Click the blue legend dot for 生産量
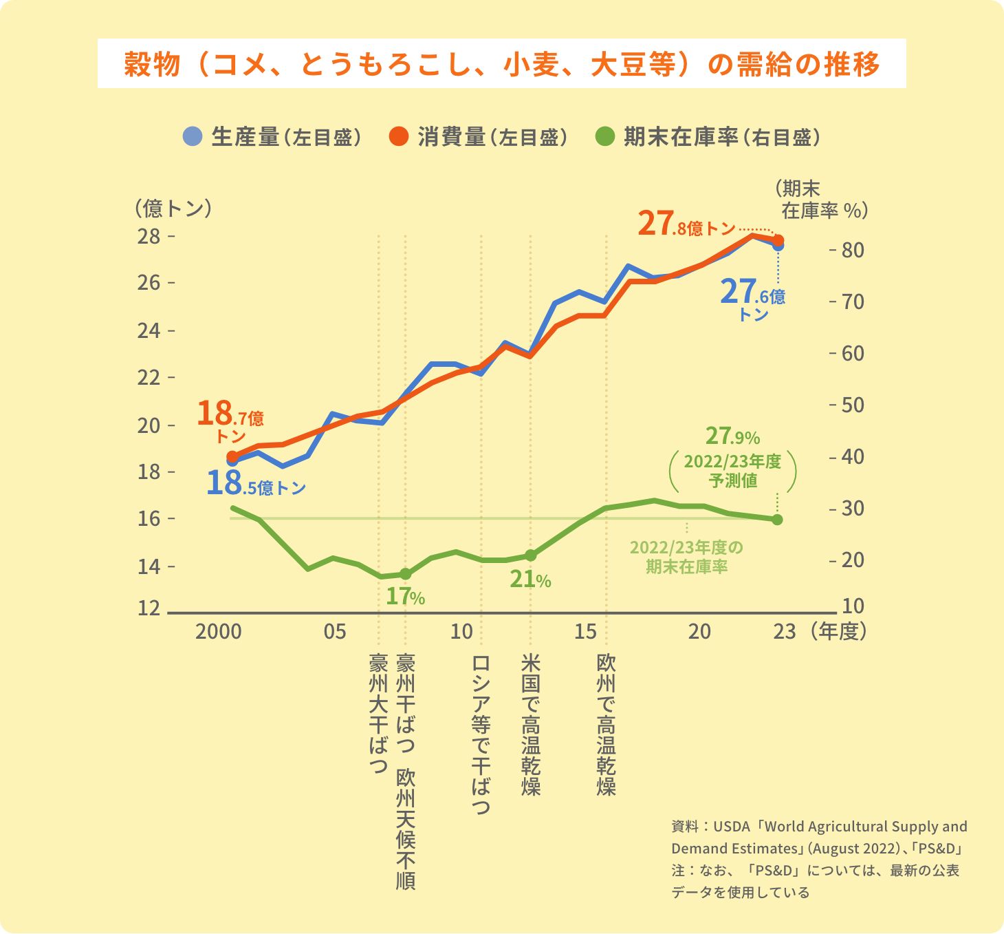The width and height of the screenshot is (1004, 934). (x=193, y=136)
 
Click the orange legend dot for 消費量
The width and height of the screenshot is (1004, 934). (x=399, y=136)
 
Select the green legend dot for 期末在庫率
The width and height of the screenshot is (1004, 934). (x=604, y=136)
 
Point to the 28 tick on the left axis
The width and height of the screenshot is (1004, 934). (x=149, y=237)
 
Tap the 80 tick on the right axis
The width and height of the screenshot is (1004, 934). (x=853, y=250)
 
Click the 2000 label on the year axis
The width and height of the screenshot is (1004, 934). (x=219, y=632)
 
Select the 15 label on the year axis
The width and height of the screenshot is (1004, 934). (x=585, y=632)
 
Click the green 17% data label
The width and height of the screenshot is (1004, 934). (x=405, y=596)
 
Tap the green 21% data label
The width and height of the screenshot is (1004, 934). (x=530, y=580)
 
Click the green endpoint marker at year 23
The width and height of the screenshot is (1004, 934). (x=777, y=520)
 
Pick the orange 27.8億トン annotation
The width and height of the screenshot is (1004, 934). (x=686, y=224)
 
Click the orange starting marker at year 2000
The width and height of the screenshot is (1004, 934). (x=232, y=456)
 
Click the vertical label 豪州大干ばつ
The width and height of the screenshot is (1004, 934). (x=379, y=713)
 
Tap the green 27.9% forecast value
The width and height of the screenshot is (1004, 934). (x=732, y=436)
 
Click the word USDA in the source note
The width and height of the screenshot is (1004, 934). (x=731, y=827)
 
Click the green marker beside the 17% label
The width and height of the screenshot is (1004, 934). (x=405, y=574)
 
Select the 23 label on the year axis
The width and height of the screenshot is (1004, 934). (x=784, y=632)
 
